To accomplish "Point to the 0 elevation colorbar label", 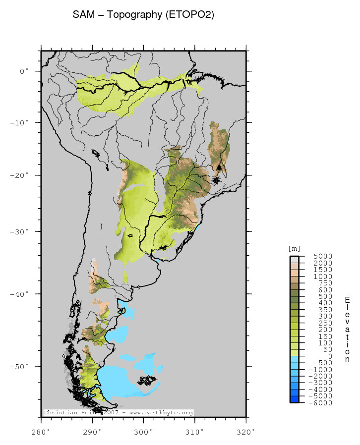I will point(330,356).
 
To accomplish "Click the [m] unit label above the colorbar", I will point(295,249).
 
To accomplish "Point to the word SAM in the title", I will point(83,15).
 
